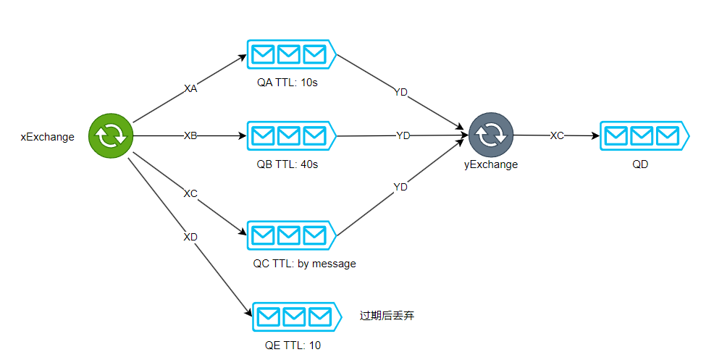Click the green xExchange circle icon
click(111, 135)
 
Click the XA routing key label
click(190, 88)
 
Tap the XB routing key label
click(190, 135)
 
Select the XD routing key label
click(190, 237)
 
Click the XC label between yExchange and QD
click(557, 135)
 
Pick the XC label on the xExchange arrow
click(190, 193)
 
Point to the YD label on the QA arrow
click(400, 92)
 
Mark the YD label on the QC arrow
click(400, 187)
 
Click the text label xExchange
click(47, 137)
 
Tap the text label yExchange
click(491, 164)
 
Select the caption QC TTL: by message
click(304, 264)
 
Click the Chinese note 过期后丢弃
click(387, 316)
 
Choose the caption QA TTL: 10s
click(287, 82)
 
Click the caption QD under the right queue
click(640, 164)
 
